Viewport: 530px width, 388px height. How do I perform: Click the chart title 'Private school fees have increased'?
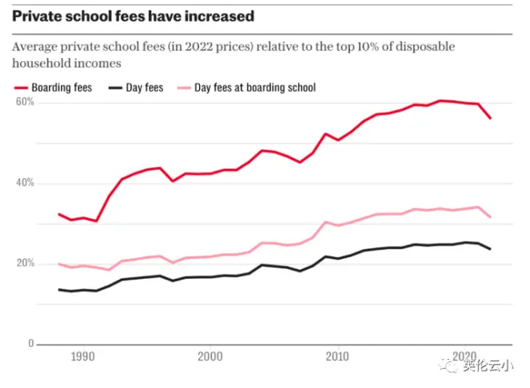132,16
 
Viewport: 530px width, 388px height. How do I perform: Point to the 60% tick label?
25,103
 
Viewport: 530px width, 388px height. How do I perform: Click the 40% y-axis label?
25,183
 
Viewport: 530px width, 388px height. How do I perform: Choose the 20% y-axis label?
25,263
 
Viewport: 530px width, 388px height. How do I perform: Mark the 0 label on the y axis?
31,344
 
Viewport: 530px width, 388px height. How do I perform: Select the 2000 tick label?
210,356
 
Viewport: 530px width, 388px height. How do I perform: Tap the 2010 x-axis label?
338,356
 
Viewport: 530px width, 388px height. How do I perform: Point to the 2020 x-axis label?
466,356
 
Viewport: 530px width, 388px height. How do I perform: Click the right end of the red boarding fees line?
491,118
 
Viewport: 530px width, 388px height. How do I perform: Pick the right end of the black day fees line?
491,249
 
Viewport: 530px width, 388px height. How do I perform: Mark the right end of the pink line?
491,217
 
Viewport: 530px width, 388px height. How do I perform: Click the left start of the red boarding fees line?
59,214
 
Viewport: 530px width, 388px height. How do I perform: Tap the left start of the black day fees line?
59,289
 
